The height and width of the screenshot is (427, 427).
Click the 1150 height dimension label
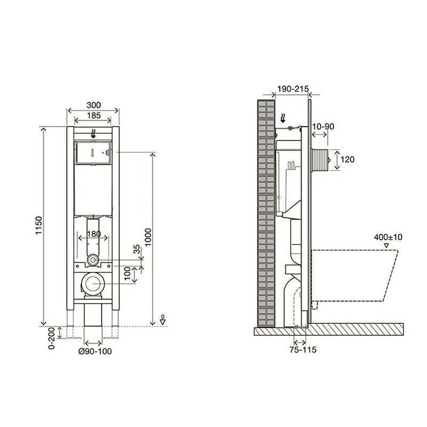(x=39, y=225)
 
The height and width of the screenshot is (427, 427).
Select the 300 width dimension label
(x=93, y=105)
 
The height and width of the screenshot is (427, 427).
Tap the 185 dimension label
(x=94, y=115)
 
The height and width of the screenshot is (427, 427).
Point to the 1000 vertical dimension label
(x=148, y=237)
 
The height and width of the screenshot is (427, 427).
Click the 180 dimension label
(x=94, y=234)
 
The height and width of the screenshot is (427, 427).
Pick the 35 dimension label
(x=137, y=249)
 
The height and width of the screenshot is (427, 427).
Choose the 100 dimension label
(x=128, y=273)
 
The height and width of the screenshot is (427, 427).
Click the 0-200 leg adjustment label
(x=51, y=338)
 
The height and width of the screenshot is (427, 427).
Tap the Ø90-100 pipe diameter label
(x=95, y=351)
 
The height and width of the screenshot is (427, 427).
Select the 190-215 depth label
(x=293, y=89)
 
